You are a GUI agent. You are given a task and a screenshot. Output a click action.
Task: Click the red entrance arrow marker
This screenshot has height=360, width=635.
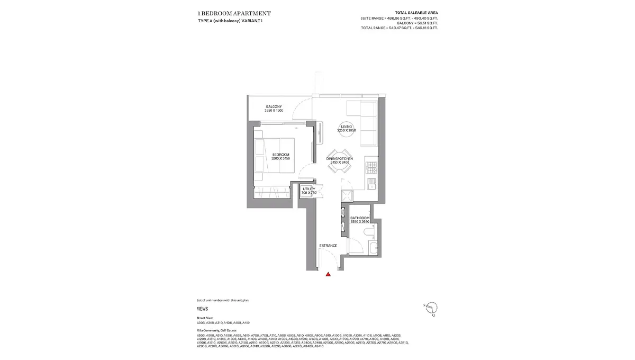328,274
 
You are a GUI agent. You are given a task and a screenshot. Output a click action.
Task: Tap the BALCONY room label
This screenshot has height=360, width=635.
274,106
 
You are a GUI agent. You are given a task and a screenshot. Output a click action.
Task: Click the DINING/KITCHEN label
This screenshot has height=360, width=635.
340,159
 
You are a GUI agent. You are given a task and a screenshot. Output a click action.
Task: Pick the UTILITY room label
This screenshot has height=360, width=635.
309,189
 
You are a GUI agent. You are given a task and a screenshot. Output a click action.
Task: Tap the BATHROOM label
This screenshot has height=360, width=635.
360,218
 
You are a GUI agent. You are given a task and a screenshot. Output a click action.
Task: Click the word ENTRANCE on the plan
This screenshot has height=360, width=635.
328,246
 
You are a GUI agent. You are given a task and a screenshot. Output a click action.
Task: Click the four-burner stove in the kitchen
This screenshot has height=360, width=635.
371,168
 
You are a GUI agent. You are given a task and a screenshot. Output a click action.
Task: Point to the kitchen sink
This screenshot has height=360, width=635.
371,185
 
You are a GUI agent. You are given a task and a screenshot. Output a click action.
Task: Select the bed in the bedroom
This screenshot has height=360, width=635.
276,155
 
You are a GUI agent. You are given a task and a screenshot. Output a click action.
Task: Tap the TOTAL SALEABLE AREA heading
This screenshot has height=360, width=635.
416,12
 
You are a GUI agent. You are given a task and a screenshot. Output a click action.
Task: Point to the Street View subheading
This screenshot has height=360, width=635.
204,318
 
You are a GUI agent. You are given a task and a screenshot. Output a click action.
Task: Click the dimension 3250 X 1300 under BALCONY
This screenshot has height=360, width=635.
274,110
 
